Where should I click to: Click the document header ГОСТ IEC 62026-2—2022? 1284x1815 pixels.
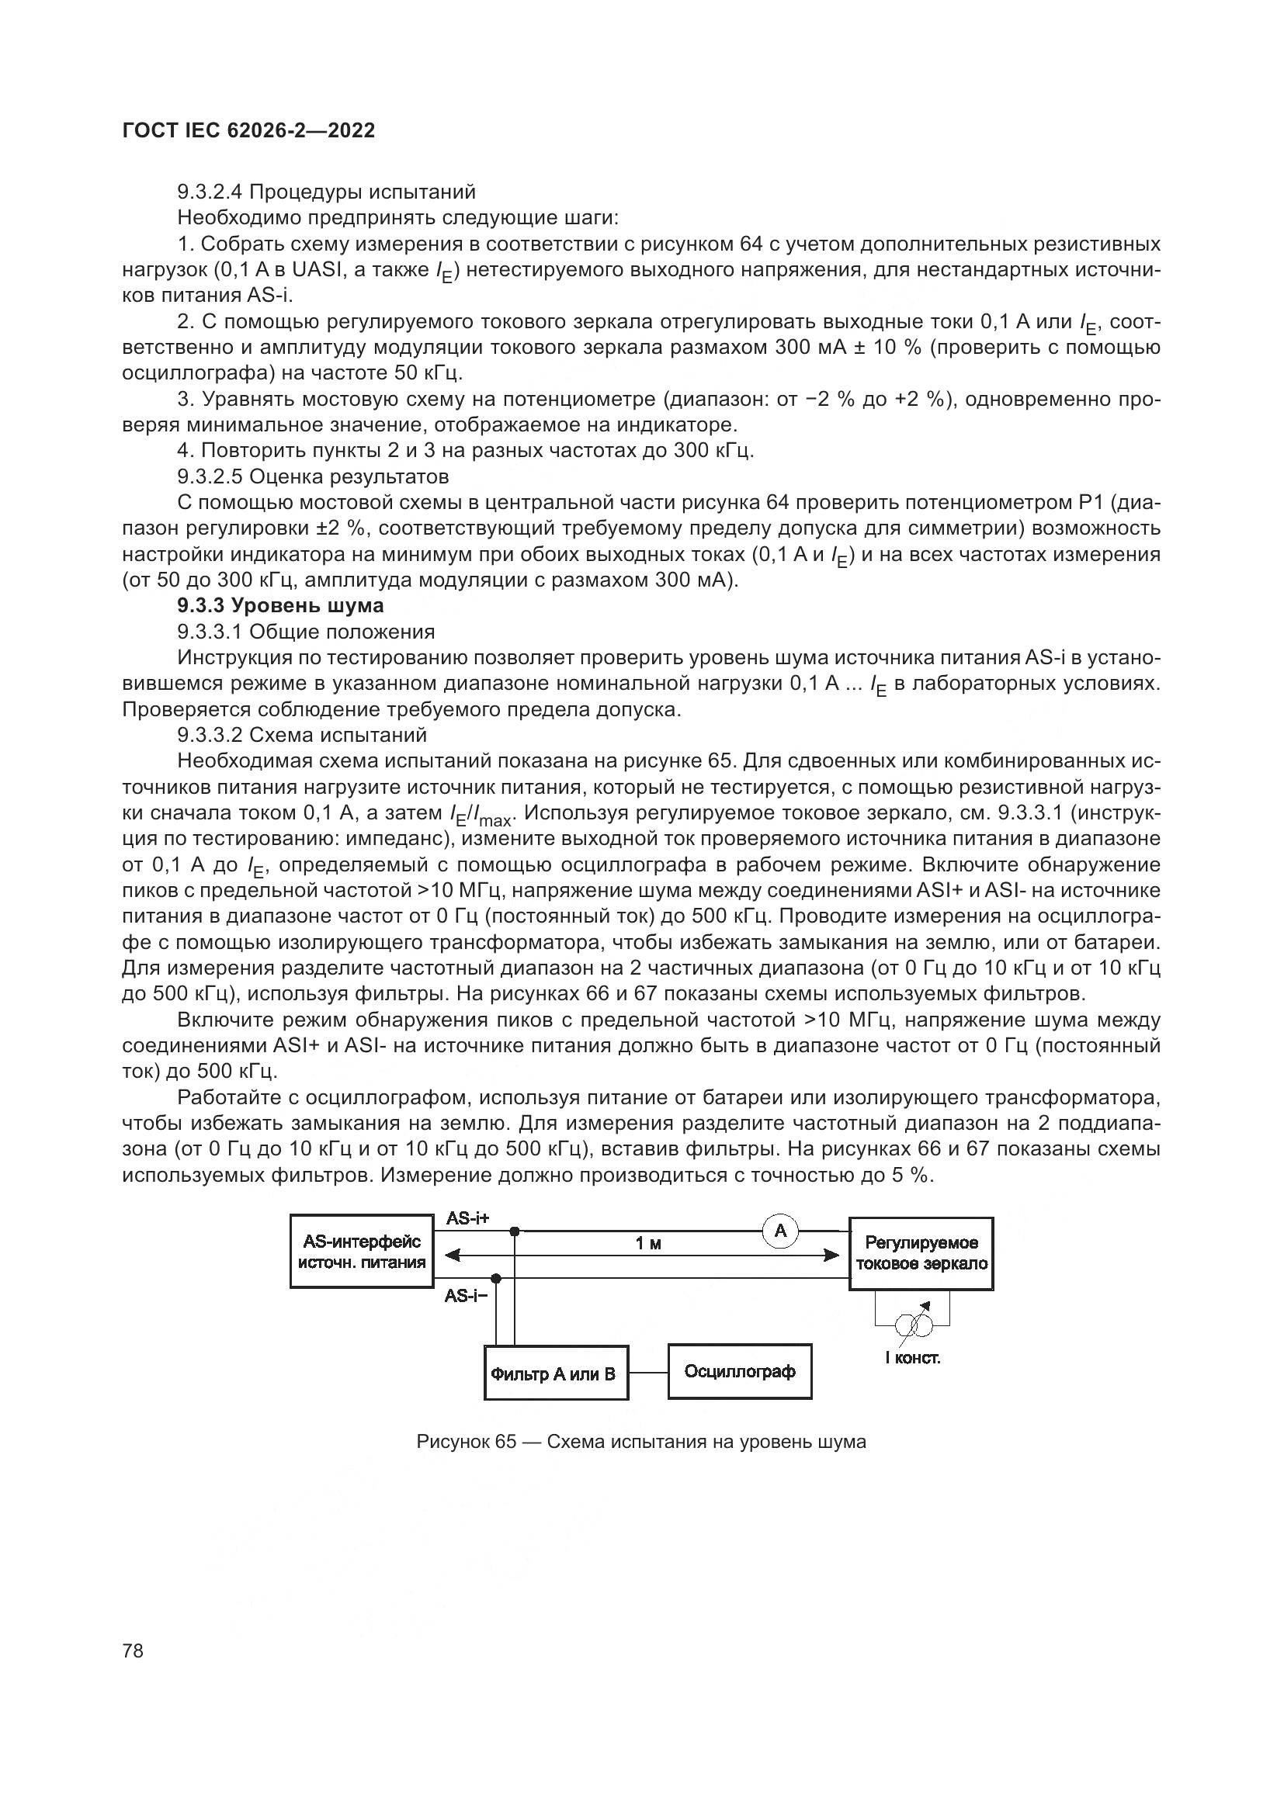click(x=249, y=131)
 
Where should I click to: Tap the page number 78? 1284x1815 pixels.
click(x=133, y=1650)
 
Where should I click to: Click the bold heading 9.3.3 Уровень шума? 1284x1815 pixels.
click(x=280, y=605)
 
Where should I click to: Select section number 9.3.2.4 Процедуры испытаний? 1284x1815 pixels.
click(x=326, y=192)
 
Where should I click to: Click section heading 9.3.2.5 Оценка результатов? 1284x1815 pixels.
click(x=312, y=476)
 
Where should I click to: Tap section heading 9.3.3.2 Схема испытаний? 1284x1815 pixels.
click(x=301, y=735)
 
